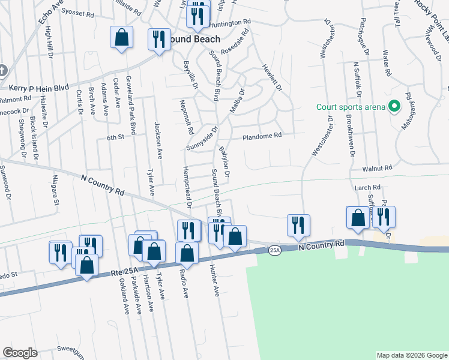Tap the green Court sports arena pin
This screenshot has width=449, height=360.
pyautogui.click(x=394, y=107)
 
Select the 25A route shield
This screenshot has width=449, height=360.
pyautogui.click(x=274, y=250)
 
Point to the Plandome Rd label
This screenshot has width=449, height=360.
pyautogui.click(x=262, y=136)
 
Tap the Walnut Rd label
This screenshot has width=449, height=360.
pyautogui.click(x=381, y=168)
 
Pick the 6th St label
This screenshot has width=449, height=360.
pyautogui.click(x=115, y=137)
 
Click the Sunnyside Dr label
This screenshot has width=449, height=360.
pyautogui.click(x=202, y=139)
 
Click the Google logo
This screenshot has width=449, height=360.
pyautogui.click(x=20, y=353)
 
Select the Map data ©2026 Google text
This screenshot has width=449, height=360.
pyautogui.click(x=411, y=355)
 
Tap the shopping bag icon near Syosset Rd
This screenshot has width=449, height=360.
pyautogui.click(x=121, y=38)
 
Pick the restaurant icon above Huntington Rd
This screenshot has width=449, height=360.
pyautogui.click(x=197, y=14)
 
